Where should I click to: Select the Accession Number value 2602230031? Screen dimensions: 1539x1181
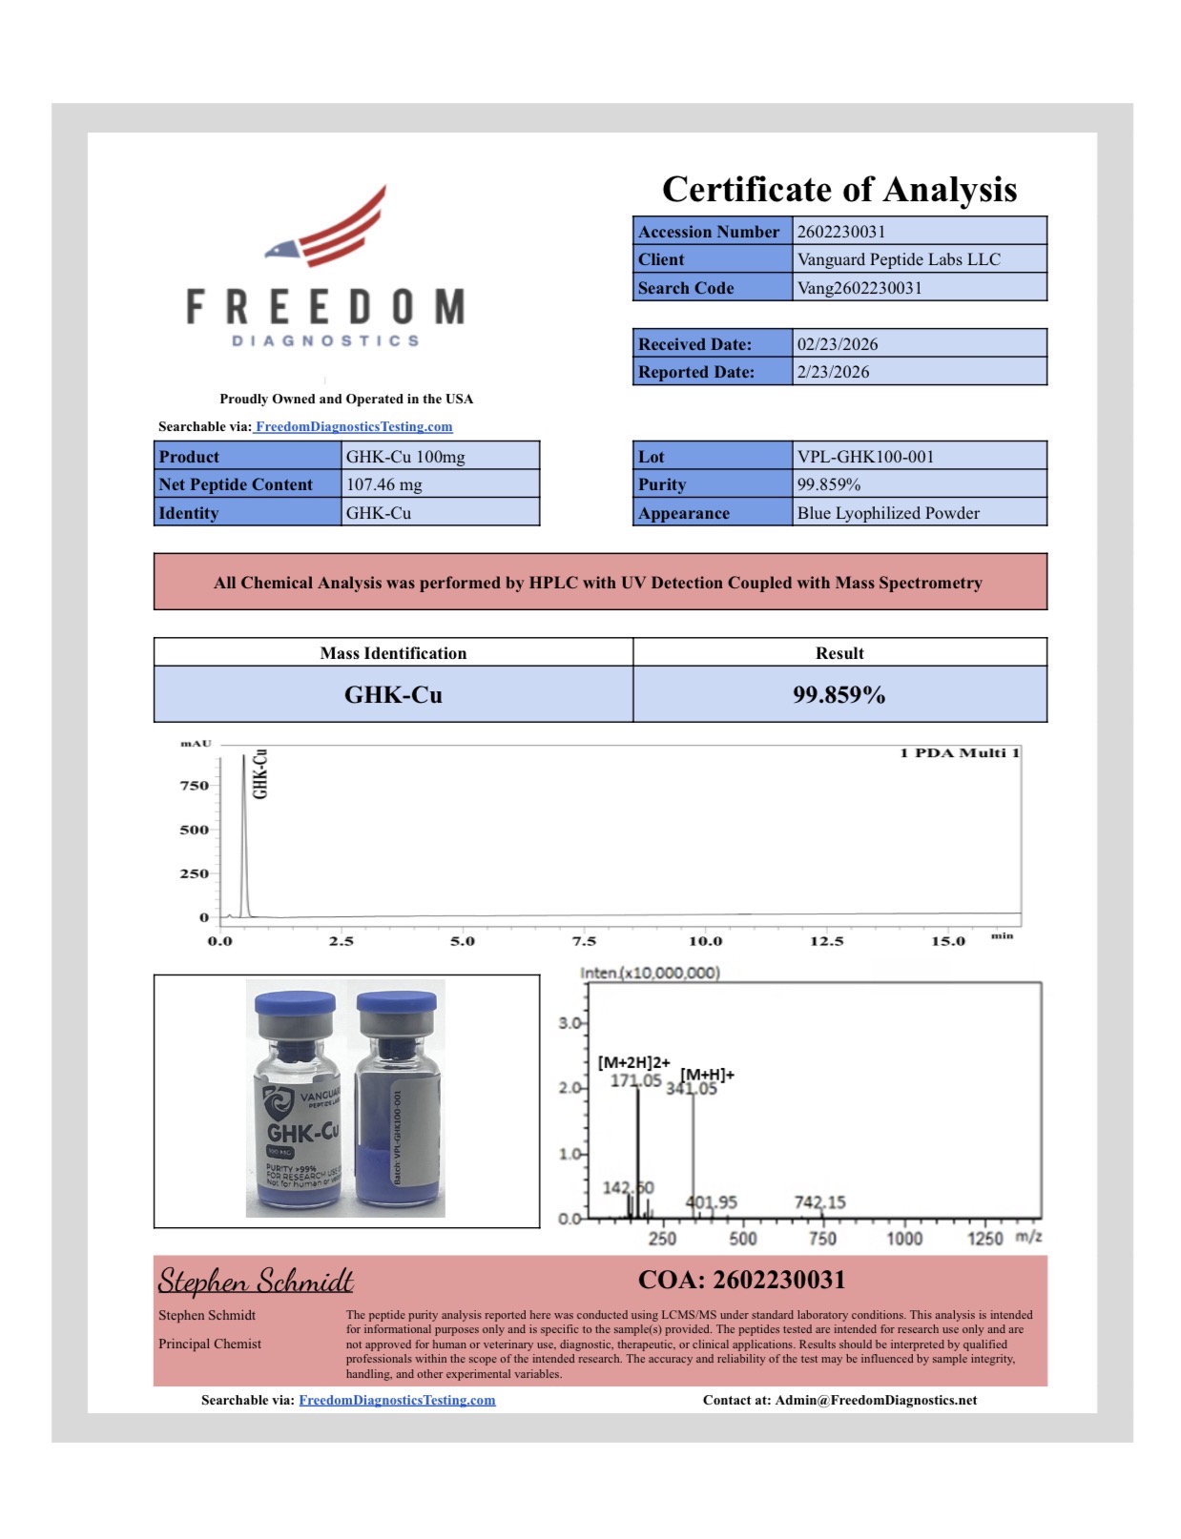[840, 232]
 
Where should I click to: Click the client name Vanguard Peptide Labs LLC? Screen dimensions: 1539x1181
[899, 259]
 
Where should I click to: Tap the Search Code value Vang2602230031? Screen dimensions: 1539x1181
[859, 288]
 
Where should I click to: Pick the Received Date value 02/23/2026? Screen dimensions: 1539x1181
[837, 344]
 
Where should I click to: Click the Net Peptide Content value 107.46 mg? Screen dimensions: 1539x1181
[383, 484]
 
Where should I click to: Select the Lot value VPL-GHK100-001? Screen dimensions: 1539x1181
[865, 457]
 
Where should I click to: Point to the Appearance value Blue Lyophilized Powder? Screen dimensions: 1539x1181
[888, 513]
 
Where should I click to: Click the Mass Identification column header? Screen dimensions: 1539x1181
[393, 653]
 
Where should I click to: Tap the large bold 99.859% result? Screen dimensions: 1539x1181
[839, 695]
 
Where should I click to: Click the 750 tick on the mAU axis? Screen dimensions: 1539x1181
[195, 786]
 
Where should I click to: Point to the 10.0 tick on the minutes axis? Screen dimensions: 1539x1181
[705, 941]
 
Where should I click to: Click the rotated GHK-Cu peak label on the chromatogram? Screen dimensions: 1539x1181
[259, 773]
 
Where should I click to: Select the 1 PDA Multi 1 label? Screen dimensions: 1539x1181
[959, 753]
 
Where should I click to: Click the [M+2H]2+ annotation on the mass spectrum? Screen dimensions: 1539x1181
[633, 1062]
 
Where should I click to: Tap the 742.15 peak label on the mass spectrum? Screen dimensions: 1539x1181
[819, 1202]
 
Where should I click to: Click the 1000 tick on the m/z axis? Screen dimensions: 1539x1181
[904, 1239]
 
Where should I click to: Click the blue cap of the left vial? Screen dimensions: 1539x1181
[296, 1005]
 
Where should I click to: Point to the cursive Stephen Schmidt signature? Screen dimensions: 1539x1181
[256, 1281]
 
